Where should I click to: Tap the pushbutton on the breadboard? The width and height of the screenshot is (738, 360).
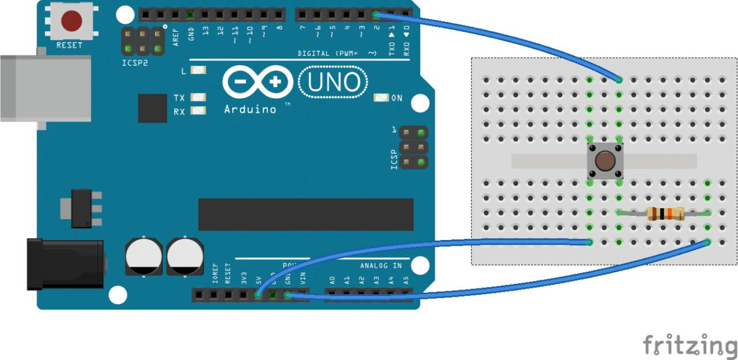coord(604,161)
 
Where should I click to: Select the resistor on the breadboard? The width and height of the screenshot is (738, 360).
coord(665,213)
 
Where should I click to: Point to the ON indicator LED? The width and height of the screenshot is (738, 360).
coord(381,97)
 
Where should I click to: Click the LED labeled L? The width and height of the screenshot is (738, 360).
coord(198,70)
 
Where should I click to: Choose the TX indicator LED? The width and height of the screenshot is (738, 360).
coord(198,97)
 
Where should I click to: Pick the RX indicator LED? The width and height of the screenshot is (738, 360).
coord(198,110)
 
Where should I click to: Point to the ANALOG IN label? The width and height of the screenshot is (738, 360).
coord(381,266)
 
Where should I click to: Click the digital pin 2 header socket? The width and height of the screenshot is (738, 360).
coord(376,14)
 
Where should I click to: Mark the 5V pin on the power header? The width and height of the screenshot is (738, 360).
coord(258,295)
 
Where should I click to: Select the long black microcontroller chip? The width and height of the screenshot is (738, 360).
coord(306,214)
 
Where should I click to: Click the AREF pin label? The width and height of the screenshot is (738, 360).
coord(176,37)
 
